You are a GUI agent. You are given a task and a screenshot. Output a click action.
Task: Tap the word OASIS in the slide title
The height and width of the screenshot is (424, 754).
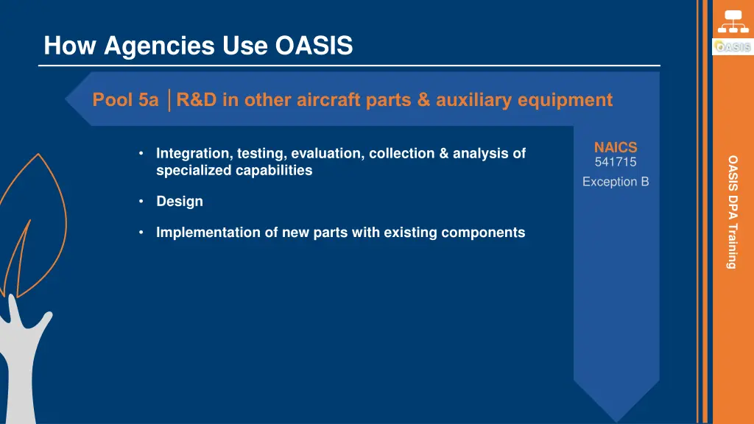coord(314,46)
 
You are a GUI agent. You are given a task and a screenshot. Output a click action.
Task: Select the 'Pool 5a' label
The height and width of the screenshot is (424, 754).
coord(125,100)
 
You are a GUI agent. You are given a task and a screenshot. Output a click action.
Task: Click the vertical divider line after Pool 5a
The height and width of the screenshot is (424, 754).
coord(169,100)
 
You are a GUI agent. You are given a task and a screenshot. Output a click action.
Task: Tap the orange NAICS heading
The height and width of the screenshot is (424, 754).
coord(615,148)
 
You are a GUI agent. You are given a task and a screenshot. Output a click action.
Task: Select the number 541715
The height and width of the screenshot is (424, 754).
coord(615,162)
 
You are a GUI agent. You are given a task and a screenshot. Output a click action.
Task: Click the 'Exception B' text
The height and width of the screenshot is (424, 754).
coord(615,181)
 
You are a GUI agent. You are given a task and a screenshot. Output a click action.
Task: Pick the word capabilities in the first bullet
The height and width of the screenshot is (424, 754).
coord(275,171)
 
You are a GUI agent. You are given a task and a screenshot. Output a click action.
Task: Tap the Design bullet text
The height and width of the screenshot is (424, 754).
coord(179,202)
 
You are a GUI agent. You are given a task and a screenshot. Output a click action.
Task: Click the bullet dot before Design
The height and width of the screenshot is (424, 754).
coord(141,202)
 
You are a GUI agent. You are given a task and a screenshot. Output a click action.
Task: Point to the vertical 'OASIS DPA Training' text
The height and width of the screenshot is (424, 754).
coord(732,211)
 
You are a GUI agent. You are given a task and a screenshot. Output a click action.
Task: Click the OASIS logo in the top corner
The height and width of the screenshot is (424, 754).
coord(732,47)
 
